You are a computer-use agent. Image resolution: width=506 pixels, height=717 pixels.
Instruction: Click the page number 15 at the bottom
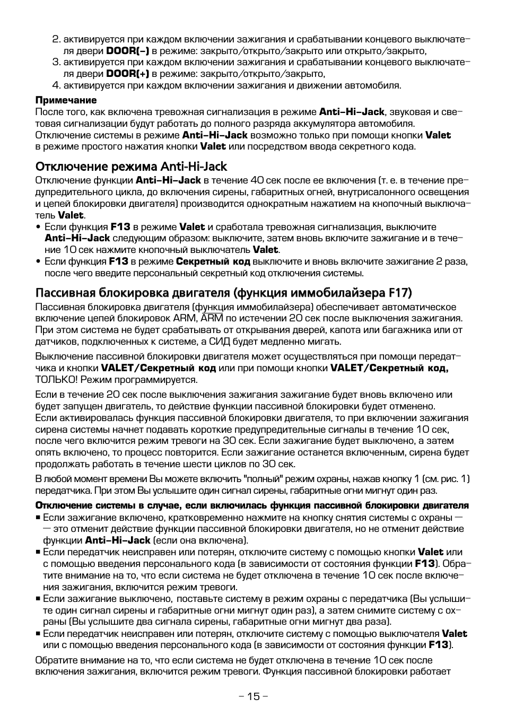tap(254, 696)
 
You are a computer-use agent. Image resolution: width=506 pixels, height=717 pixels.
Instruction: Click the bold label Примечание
tap(66, 100)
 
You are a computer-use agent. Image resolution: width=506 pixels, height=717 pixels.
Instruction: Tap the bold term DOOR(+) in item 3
tap(127, 74)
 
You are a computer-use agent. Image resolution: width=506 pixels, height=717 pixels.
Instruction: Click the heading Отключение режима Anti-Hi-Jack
tap(131, 167)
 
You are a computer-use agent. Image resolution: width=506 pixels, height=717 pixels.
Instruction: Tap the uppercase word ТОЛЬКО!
tap(57, 380)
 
